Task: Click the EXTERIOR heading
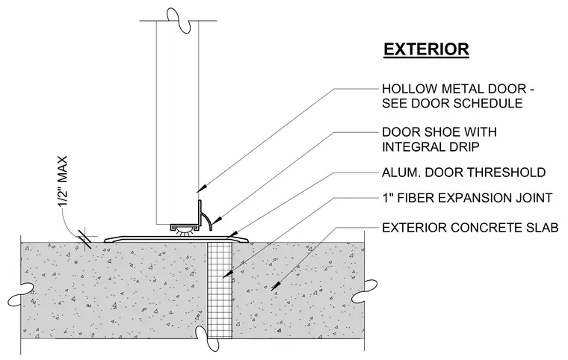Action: (x=426, y=49)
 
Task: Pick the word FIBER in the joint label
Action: (x=416, y=198)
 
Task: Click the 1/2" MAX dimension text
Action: (x=63, y=181)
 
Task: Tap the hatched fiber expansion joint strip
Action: (x=220, y=291)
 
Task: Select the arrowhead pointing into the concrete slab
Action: (x=276, y=286)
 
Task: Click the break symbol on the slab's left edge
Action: (x=21, y=294)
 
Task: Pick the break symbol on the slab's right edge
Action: (x=365, y=291)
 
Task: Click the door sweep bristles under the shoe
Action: (x=185, y=233)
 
